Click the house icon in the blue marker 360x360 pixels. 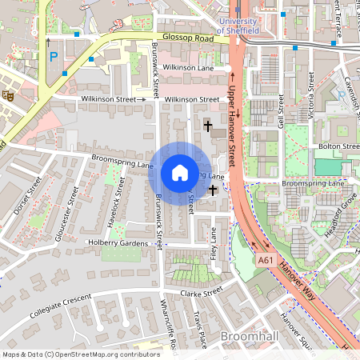(x=179, y=172)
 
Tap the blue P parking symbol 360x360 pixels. (x=54, y=57)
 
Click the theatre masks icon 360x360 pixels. (x=9, y=94)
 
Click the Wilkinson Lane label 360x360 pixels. (x=189, y=69)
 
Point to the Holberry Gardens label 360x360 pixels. (x=118, y=243)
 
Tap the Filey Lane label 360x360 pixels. (x=214, y=244)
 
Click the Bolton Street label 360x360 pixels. (x=339, y=146)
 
